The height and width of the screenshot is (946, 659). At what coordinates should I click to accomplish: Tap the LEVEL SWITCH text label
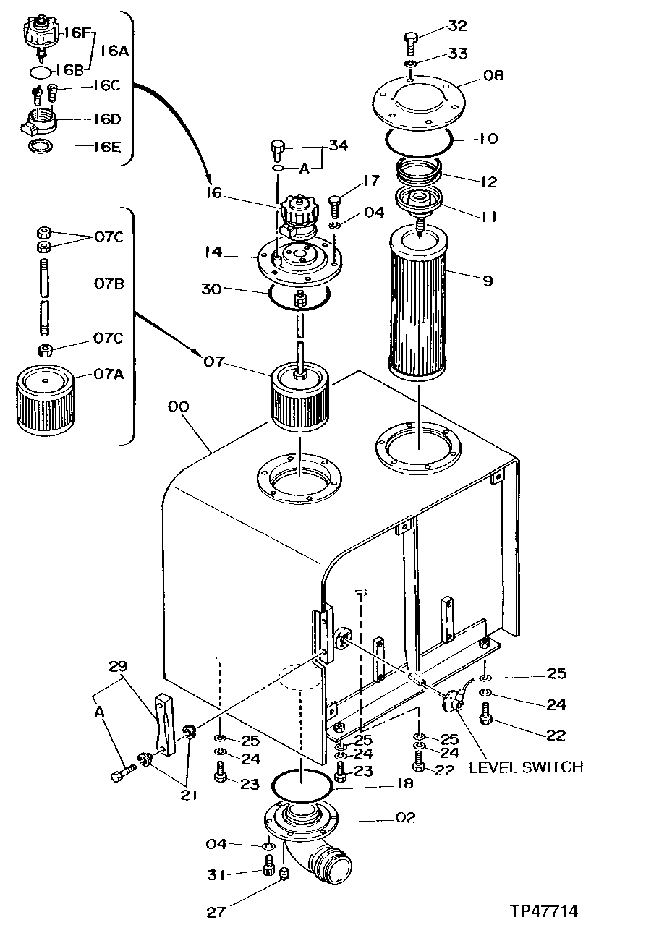(526, 767)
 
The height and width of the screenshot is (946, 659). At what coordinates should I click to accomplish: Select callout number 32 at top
(457, 26)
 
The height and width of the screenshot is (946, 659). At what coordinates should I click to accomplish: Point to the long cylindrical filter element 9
(420, 304)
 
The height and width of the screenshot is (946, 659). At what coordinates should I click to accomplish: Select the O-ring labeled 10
(418, 141)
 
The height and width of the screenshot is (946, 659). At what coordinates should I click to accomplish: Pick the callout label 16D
(106, 119)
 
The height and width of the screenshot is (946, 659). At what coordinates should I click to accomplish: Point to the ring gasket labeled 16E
(40, 147)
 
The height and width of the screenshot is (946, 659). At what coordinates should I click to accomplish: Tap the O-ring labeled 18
(302, 783)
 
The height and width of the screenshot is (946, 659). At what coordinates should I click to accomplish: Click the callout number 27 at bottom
(216, 913)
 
